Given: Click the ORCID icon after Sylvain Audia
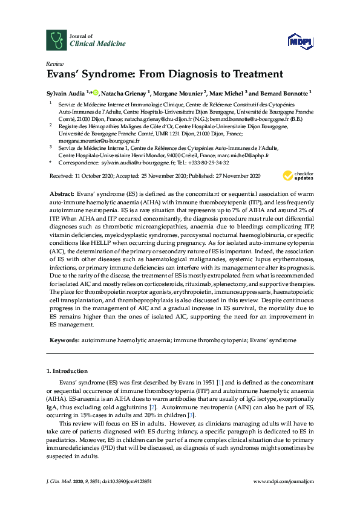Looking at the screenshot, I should point(94,92).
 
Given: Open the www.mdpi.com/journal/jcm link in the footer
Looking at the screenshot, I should point(283,482).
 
